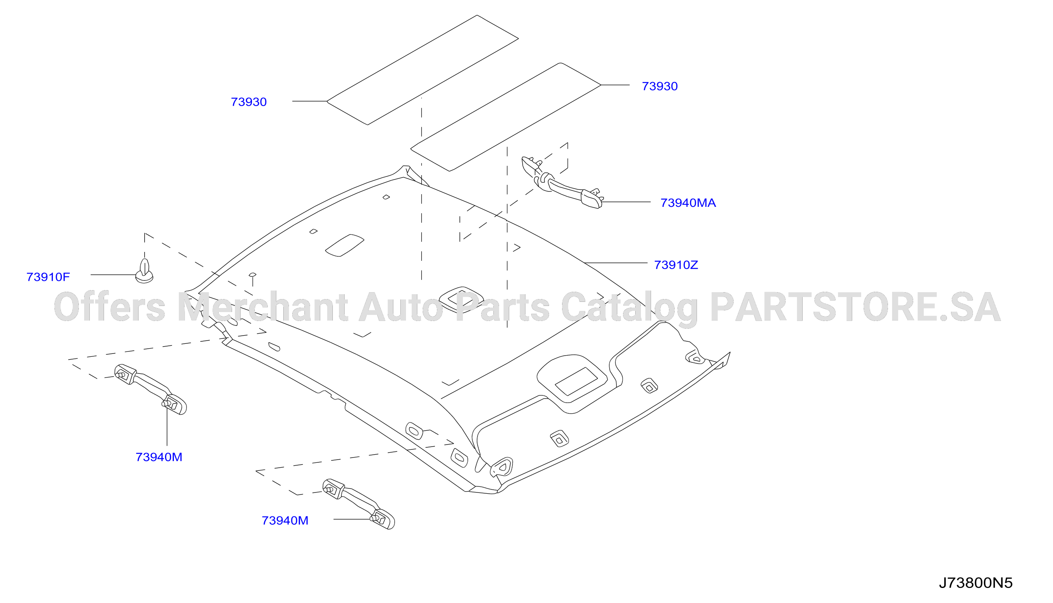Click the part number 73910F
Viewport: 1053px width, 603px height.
[48, 277]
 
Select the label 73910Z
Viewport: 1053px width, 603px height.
[676, 265]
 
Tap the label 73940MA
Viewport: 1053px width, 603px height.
[688, 203]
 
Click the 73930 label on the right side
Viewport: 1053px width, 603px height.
[660, 86]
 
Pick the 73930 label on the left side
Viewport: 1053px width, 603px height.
[249, 102]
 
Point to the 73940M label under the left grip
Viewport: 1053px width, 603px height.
[159, 457]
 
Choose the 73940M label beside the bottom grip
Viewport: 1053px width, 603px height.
[285, 521]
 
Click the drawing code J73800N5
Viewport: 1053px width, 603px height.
[976, 583]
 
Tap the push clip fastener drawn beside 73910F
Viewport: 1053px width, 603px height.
[144, 271]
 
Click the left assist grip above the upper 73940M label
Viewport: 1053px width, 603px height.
[150, 389]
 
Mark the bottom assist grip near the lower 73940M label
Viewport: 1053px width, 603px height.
[358, 503]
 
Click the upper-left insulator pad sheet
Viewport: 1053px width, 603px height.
[423, 70]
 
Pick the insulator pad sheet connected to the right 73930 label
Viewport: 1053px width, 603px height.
[506, 117]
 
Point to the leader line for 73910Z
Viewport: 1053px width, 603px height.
[616, 263]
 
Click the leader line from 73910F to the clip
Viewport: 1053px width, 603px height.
[113, 275]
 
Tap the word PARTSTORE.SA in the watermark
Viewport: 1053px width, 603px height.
[856, 307]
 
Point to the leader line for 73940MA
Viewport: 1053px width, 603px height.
[626, 202]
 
